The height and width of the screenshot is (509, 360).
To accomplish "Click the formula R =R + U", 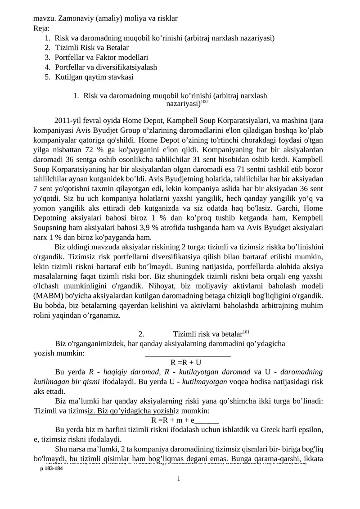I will pyautogui.click(x=186, y=362).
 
